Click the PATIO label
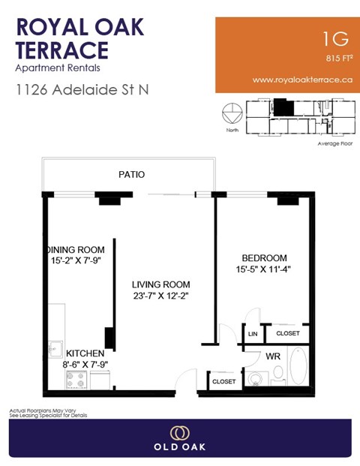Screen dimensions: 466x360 pos(131,174)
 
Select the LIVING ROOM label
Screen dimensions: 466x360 pos(160,285)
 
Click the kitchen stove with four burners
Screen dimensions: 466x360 pos(77,379)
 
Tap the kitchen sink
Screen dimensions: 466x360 pos(54,347)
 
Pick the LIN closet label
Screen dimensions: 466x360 pos(253,333)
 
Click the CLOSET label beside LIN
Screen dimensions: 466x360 pos(288,333)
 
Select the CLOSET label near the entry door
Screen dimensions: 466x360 pos(223,381)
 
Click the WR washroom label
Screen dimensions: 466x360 pos(273,356)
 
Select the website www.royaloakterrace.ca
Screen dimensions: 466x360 pos(302,79)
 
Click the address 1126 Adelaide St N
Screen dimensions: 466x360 pos(82,89)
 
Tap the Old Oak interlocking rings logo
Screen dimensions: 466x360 pos(179,434)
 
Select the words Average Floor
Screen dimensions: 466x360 pos(334,143)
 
